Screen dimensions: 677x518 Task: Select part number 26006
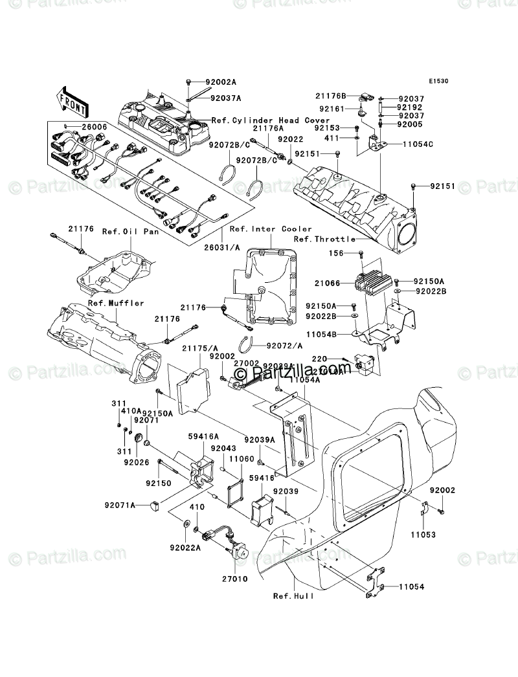94,126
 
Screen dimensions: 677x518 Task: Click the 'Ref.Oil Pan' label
122,230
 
